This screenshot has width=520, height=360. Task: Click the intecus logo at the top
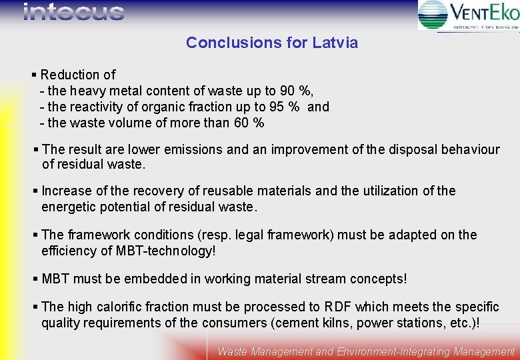(73, 13)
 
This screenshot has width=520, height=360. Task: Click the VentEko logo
(468, 15)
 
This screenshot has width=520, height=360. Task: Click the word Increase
(65, 191)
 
